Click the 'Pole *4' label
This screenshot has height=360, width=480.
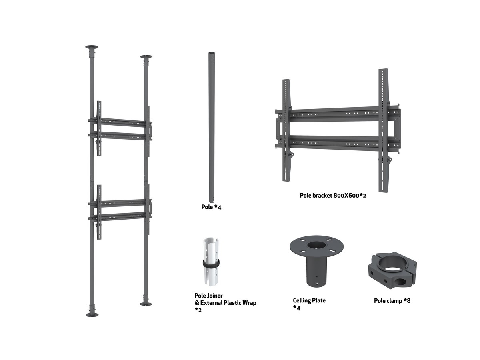tap(211, 207)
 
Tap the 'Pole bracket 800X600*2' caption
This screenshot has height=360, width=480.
tap(333, 196)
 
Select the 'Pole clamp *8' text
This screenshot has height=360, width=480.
tap(392, 301)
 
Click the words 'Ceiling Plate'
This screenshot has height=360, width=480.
tap(309, 300)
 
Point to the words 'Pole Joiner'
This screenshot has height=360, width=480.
tap(208, 296)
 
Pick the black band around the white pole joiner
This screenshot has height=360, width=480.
tap(211, 263)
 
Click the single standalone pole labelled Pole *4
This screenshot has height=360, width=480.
tap(212, 128)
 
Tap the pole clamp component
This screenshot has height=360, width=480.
tap(392, 270)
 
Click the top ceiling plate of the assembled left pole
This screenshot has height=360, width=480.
tap(92, 47)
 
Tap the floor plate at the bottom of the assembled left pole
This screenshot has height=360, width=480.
tap(92, 315)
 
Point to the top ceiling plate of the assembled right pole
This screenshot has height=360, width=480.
tap(146, 57)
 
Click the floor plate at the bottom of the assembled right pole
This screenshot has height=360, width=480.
tap(146, 304)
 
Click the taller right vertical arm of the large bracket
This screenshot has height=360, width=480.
tap(384, 131)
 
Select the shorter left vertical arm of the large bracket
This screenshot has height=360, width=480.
tap(286, 130)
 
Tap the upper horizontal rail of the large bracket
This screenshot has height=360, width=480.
tap(338, 114)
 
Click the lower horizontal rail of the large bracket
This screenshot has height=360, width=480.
tap(338, 143)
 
